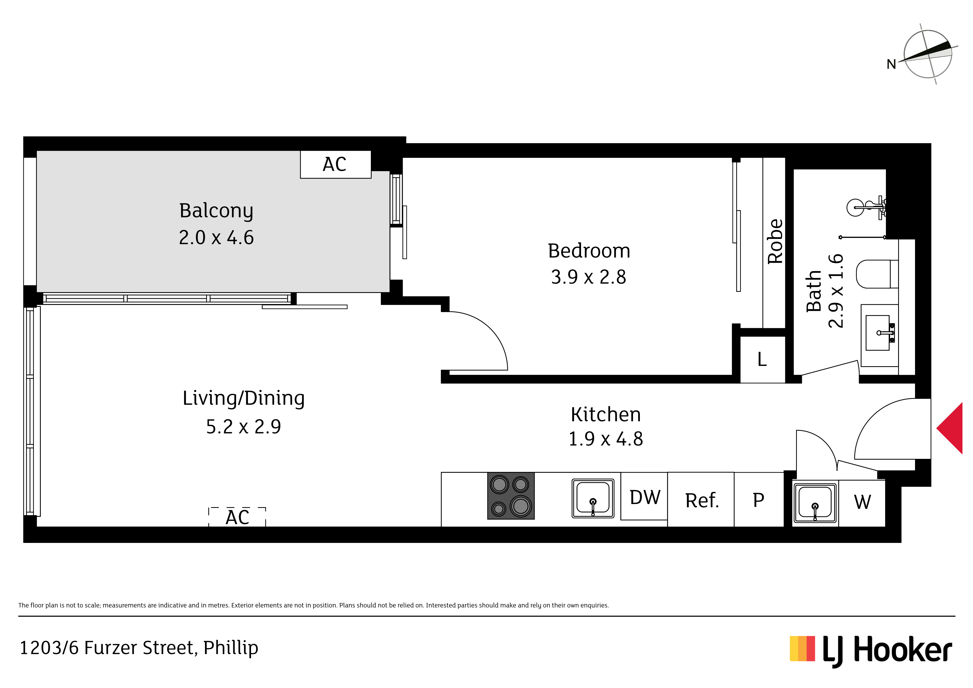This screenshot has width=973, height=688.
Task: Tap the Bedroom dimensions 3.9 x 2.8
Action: click(x=588, y=277)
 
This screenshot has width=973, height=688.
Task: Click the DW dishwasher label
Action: click(x=645, y=497)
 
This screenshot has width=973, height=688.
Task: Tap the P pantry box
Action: click(x=759, y=499)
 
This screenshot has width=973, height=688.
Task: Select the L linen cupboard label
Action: click(x=762, y=360)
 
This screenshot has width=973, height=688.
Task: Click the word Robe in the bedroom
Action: click(x=775, y=242)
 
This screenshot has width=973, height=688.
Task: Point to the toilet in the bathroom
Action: click(x=877, y=274)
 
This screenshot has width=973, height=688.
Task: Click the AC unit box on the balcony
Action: click(x=336, y=165)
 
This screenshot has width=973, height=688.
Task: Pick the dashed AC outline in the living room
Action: click(x=237, y=517)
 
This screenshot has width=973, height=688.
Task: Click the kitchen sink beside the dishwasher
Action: click(x=593, y=499)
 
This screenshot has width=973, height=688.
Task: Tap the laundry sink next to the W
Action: click(x=815, y=503)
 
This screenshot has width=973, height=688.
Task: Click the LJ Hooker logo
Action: click(x=870, y=651)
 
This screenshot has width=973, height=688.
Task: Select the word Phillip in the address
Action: click(x=230, y=648)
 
